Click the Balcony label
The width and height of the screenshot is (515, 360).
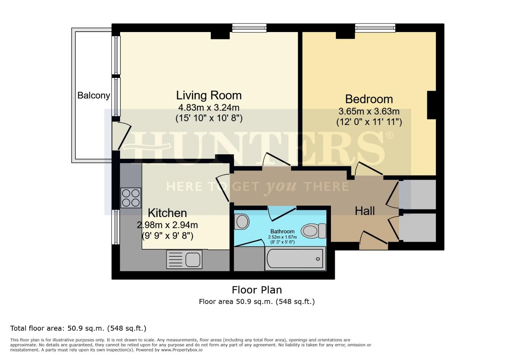[93, 96]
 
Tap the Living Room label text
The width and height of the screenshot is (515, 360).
[209, 95]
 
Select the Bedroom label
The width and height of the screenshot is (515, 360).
[369, 99]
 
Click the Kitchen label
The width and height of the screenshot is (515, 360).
[167, 213]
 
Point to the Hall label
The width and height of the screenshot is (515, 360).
[365, 211]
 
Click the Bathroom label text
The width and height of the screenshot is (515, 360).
[282, 231]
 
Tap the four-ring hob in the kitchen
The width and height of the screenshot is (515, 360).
[131, 198]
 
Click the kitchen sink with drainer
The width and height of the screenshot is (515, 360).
[184, 260]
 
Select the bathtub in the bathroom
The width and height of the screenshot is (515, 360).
[295, 259]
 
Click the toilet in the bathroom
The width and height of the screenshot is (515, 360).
[314, 231]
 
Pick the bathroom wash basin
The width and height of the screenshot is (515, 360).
[242, 222]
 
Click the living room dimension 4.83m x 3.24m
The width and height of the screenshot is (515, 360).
[209, 108]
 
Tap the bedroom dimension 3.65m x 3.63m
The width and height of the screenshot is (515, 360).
[369, 111]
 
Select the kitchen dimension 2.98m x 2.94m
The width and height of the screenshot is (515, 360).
[167, 225]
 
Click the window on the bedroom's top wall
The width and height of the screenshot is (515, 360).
[375, 28]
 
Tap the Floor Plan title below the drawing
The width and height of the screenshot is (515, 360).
[257, 290]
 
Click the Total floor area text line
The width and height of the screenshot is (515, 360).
[78, 328]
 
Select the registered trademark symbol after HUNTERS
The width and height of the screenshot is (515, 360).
[389, 135]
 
